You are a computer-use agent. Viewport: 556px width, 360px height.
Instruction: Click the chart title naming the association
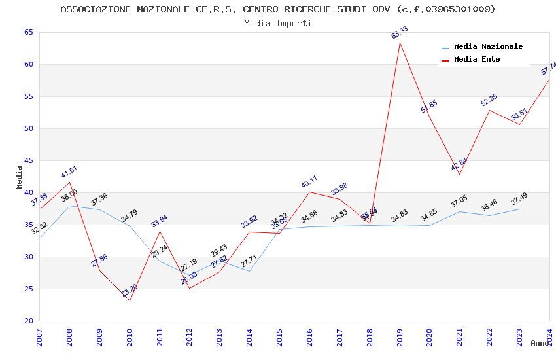tap(277, 9)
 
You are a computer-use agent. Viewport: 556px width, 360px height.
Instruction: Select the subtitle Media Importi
tap(277, 23)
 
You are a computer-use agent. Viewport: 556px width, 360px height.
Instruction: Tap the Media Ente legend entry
tap(477, 59)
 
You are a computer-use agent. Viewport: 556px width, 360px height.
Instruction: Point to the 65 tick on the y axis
tap(28, 33)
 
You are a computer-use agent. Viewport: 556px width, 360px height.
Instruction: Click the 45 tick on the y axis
tap(28, 161)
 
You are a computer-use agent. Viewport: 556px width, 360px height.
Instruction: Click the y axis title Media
tap(20, 177)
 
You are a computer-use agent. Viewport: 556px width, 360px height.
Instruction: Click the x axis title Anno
tap(540, 343)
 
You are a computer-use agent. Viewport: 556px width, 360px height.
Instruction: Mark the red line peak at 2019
tap(400, 43)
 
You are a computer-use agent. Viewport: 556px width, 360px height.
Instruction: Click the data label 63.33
tap(399, 32)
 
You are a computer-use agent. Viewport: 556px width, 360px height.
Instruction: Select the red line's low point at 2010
tap(130, 300)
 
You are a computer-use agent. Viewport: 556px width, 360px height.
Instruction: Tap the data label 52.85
tap(489, 99)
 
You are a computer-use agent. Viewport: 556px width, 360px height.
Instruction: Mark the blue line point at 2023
tap(519, 209)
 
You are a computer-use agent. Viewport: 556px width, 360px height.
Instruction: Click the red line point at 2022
tap(489, 110)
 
